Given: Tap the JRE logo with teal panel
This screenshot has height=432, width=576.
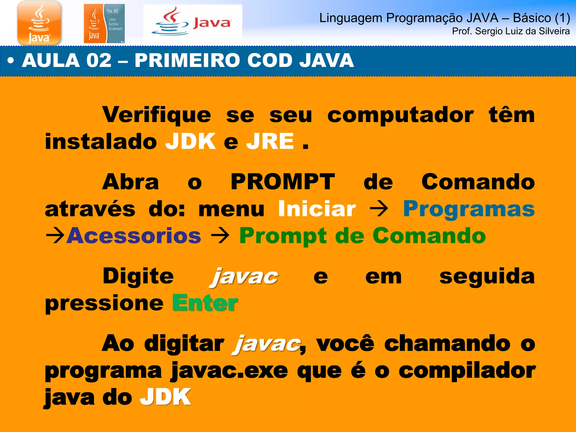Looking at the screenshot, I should pyautogui.click(x=104, y=24).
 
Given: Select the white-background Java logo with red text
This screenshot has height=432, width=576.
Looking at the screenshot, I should pyautogui.click(x=193, y=23).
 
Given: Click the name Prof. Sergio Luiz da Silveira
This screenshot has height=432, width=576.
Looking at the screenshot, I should pyautogui.click(x=510, y=31).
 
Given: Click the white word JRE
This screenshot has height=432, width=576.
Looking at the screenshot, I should pyautogui.click(x=270, y=141).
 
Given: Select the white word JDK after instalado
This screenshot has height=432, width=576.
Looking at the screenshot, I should pyautogui.click(x=190, y=141).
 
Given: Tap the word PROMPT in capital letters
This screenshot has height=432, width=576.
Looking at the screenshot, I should pyautogui.click(x=283, y=182).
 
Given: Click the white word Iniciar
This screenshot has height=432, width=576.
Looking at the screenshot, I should pyautogui.click(x=317, y=209).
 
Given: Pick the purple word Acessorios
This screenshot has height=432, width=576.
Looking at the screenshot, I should pyautogui.click(x=134, y=236).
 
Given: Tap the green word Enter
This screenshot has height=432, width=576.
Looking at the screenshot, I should pyautogui.click(x=205, y=303).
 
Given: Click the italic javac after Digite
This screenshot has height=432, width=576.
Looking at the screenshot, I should pyautogui.click(x=244, y=277).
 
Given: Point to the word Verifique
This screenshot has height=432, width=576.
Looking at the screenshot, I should pyautogui.click(x=156, y=115).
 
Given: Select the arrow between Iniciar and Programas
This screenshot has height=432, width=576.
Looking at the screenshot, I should pyautogui.click(x=379, y=209).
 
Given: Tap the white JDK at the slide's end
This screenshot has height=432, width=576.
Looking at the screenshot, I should pyautogui.click(x=165, y=397).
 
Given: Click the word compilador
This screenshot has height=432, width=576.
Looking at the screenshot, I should pyautogui.click(x=467, y=371).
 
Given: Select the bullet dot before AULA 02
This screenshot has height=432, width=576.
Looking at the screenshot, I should pyautogui.click(x=10, y=60).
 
